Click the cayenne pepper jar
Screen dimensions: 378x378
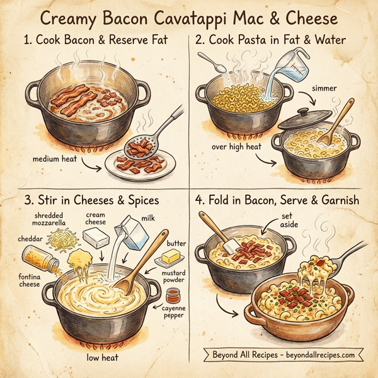click(171, 297)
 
